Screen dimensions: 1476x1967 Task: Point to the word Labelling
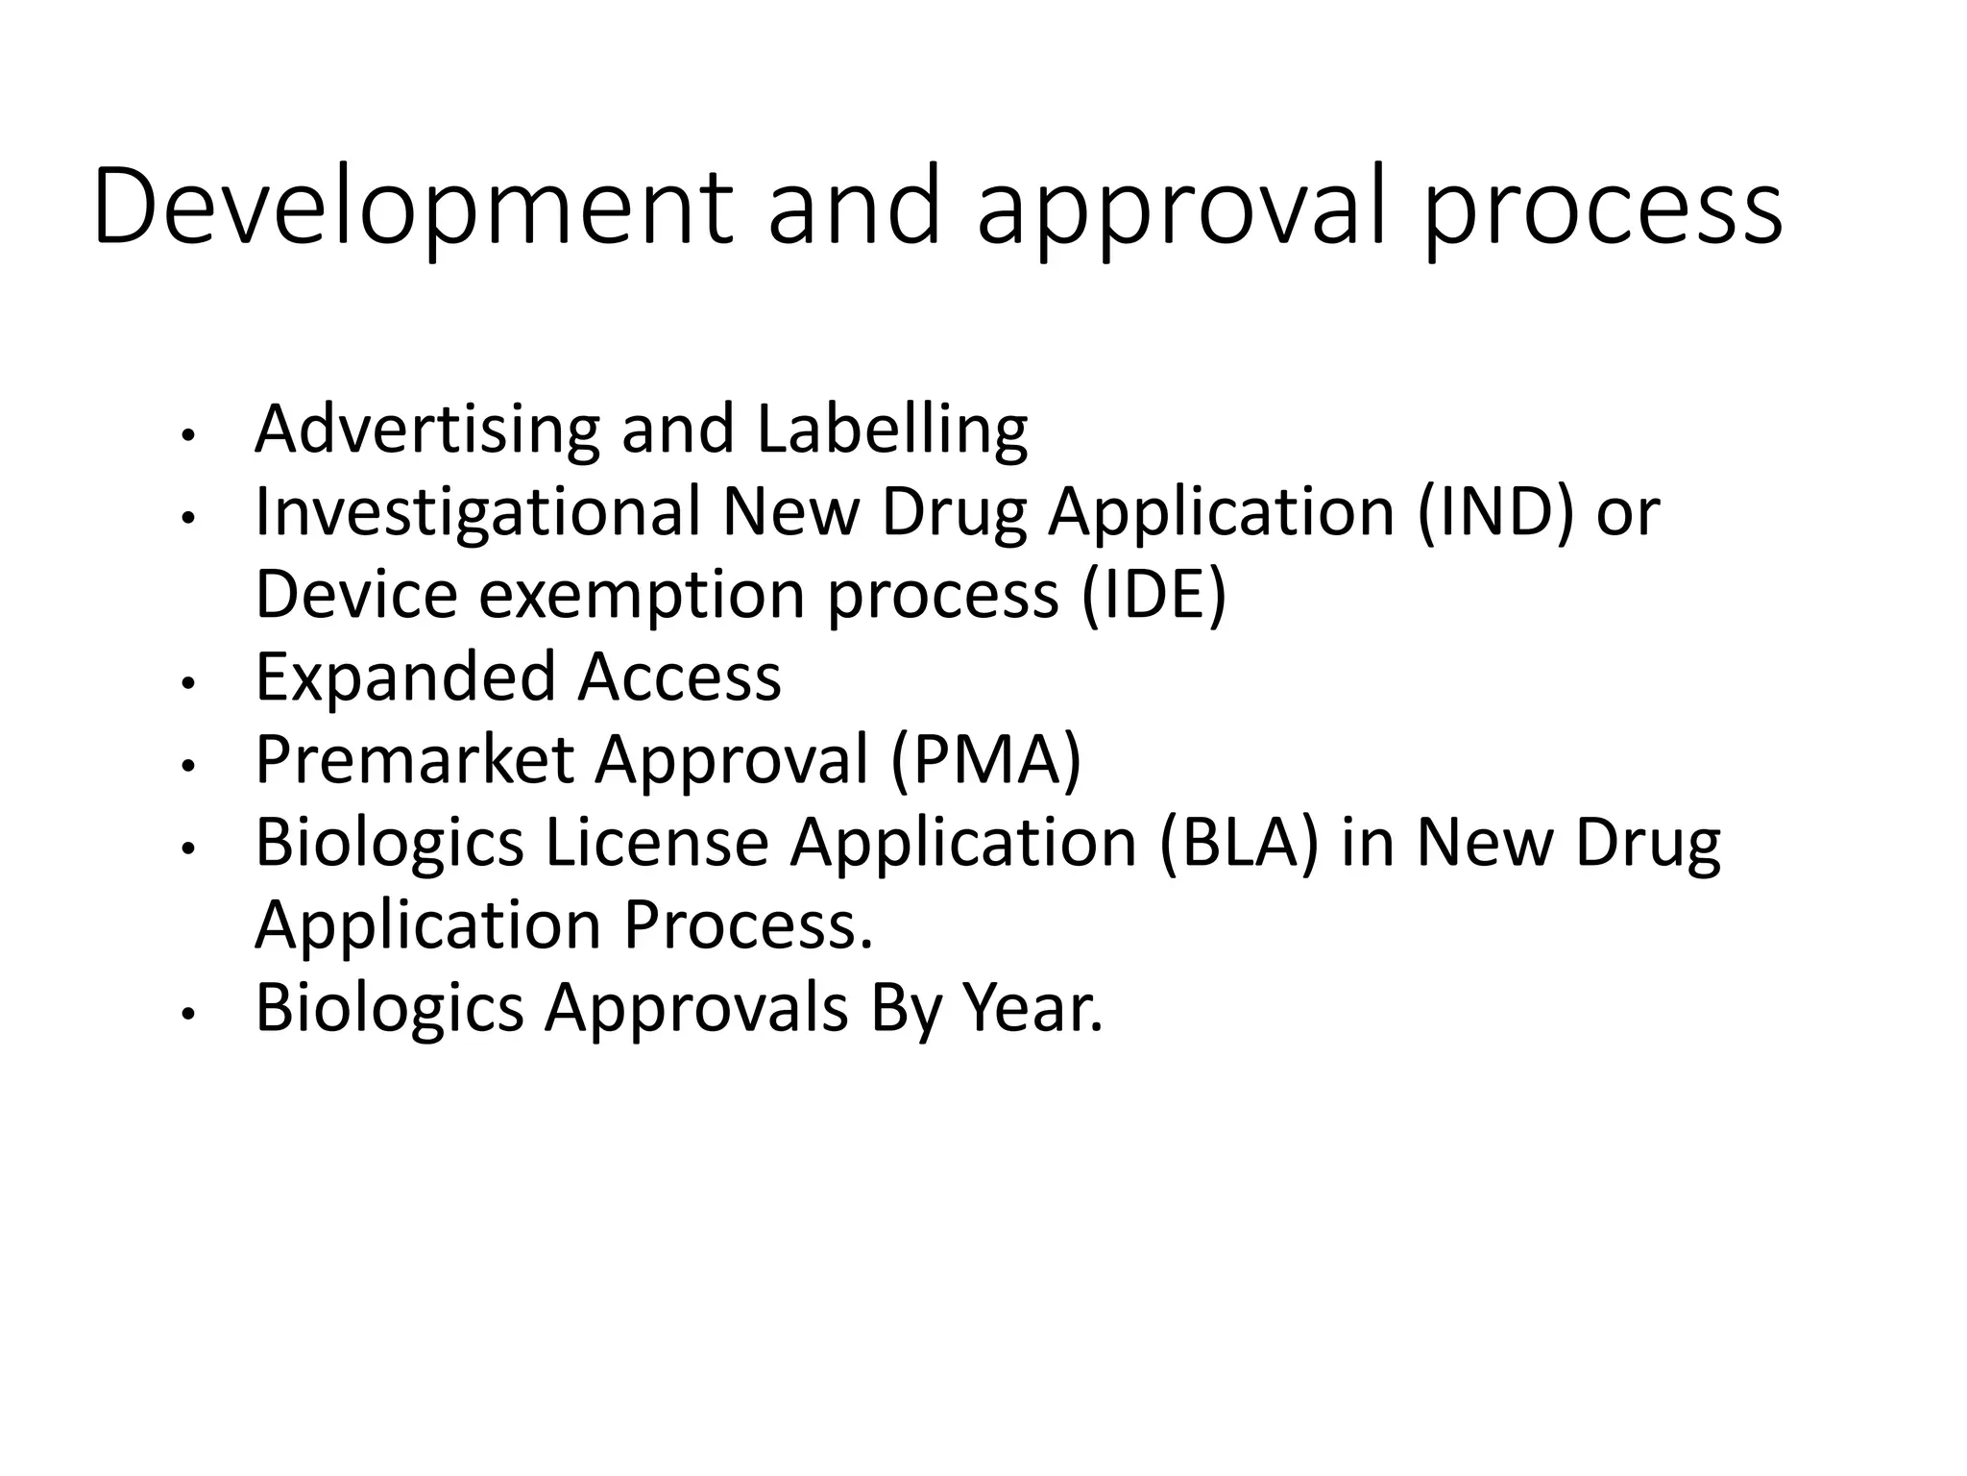pos(892,430)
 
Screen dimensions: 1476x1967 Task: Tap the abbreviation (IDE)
pos(1153,594)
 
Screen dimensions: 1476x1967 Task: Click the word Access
pos(679,677)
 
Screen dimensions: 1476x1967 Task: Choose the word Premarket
pos(414,760)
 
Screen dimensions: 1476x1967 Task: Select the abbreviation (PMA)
pos(985,760)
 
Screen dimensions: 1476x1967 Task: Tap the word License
pos(658,843)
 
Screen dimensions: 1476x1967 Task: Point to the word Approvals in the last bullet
pos(696,1010)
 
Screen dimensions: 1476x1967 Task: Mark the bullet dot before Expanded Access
pos(188,684)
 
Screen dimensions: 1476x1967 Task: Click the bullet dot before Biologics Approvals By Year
pos(188,1016)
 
